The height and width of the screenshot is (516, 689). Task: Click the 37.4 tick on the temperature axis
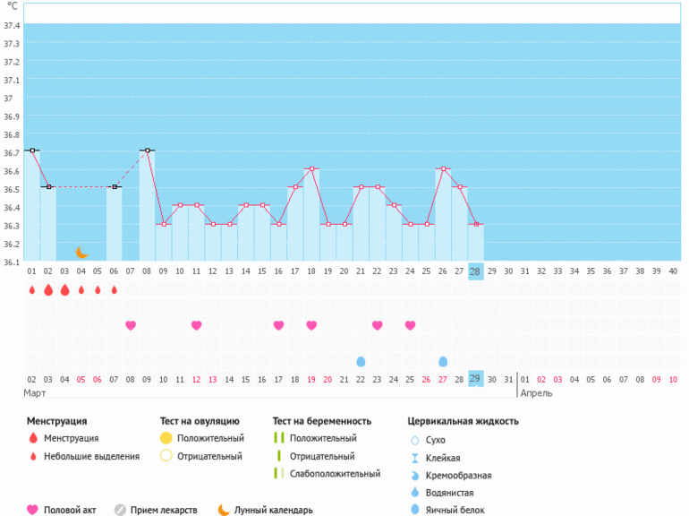coord(12,25)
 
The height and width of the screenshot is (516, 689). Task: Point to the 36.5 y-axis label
coord(12,189)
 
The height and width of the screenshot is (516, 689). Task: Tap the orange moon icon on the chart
coord(81,253)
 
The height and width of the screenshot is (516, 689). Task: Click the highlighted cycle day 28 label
coord(475,271)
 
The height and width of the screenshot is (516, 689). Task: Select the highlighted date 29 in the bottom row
coord(475,379)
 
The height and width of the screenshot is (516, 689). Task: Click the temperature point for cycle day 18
coord(310,168)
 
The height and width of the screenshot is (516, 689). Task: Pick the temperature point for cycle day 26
coord(443,168)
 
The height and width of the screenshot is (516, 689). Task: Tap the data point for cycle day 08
coord(147,150)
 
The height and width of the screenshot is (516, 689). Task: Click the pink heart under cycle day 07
coord(131,325)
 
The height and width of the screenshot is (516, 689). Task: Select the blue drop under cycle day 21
coord(361,361)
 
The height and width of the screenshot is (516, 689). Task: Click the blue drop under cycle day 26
coord(443,361)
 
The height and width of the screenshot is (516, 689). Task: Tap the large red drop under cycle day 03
coord(64,289)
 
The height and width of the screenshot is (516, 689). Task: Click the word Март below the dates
coord(36,393)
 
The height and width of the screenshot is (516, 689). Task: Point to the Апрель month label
coord(537,393)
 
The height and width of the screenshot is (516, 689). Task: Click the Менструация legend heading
coord(57,420)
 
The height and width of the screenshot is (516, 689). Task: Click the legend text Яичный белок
coord(455,510)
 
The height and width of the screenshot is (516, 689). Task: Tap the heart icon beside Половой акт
coord(33,510)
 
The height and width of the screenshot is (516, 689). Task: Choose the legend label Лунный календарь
coord(274,510)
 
